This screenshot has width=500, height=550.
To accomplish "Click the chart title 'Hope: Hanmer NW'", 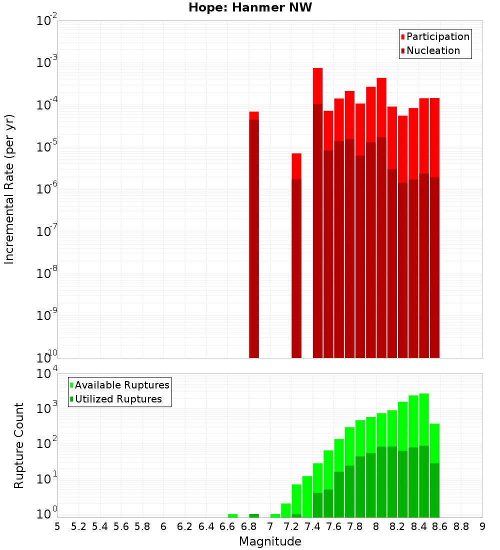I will click(250, 8).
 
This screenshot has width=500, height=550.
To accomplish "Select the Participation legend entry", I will click(435, 37).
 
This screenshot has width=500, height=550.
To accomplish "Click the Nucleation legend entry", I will click(430, 51).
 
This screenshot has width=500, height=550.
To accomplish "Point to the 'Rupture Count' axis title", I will click(19, 445).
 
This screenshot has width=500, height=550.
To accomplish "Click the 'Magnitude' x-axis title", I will click(270, 541).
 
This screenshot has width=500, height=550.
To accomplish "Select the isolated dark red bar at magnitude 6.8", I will click(254, 240).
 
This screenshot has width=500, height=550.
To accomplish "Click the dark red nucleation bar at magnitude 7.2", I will click(296, 270).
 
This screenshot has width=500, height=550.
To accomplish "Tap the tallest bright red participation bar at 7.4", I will click(317, 85).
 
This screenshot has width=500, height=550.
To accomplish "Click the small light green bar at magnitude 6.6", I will click(232, 515).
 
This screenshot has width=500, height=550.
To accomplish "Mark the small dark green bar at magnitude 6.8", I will click(254, 515).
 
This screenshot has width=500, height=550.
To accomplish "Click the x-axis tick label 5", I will click(57, 526).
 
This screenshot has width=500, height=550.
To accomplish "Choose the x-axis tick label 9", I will click(482, 526).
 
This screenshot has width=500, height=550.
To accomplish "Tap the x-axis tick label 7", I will click(270, 526).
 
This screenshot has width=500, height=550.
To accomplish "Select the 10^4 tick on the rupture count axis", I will click(47, 374).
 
